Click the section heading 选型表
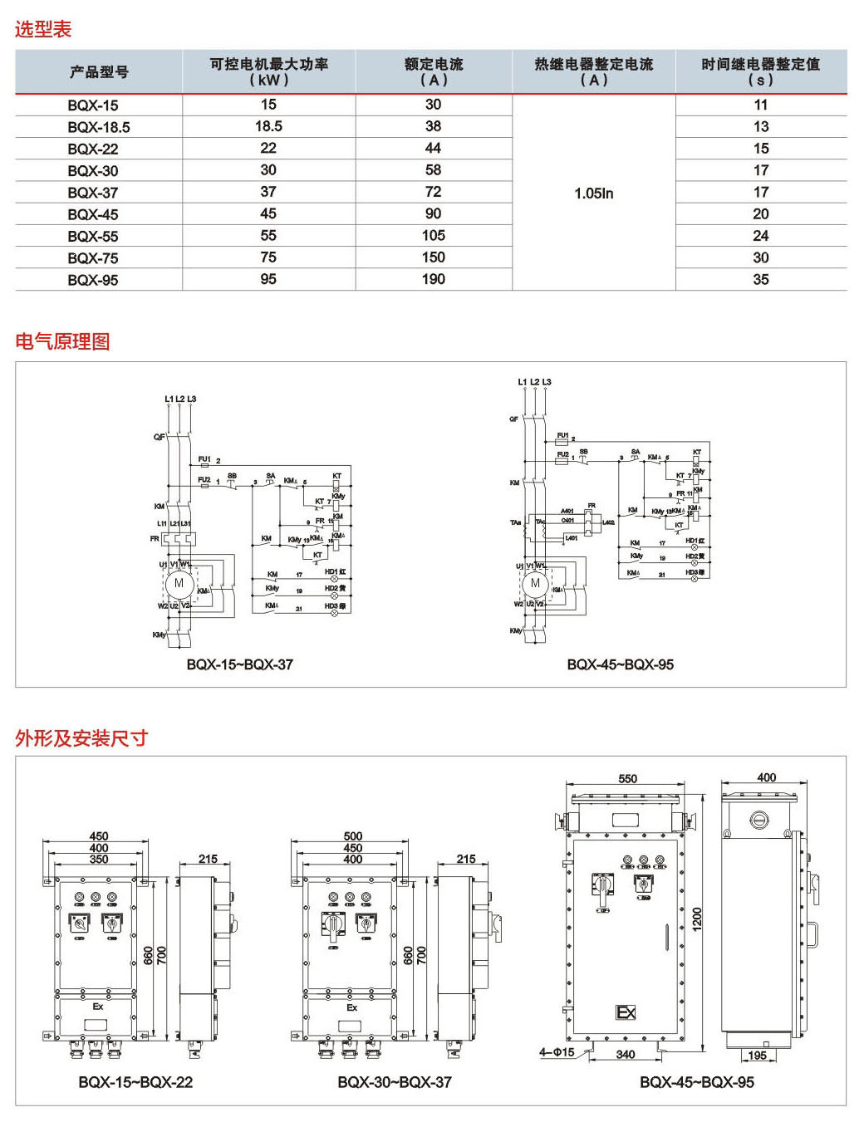43,29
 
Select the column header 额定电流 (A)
433,71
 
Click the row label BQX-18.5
98,127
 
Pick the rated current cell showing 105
433,236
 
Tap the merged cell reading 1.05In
593,194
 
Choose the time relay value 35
760,280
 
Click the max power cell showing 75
268,257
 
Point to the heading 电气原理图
62,341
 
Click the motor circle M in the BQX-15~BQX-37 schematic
179,583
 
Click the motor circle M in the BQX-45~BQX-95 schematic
535,583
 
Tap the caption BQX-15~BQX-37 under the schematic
239,664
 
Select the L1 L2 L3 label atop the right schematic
534,382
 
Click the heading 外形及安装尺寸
81,738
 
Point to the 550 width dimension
627,779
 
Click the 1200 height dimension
697,918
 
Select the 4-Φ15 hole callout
556,1052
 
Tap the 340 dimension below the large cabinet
626,1055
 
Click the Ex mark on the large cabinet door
626,1012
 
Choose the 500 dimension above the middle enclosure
352,836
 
